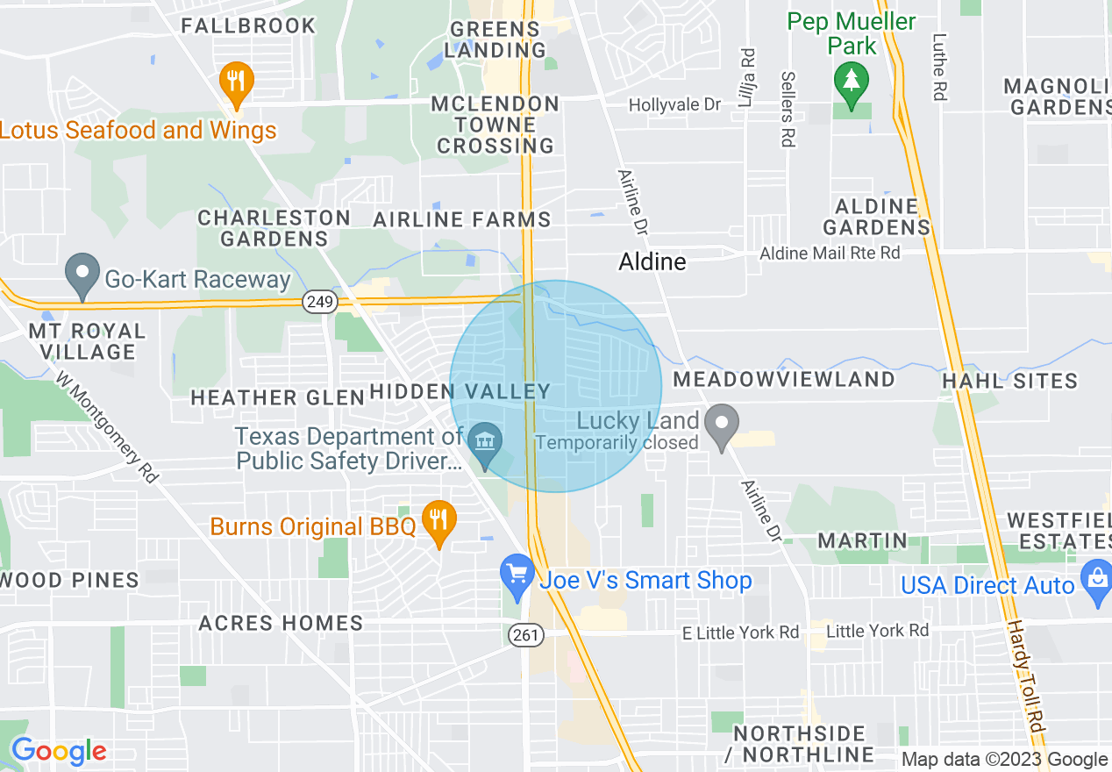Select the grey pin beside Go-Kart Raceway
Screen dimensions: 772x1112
point(83,274)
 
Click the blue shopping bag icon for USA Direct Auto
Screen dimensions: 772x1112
point(1096,581)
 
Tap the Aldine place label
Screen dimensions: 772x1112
point(652,261)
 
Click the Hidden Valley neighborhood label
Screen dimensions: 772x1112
point(460,392)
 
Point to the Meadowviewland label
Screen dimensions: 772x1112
point(783,379)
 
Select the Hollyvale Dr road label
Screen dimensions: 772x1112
point(674,105)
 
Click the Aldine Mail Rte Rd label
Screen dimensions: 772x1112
point(830,254)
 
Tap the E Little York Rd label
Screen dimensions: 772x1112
point(741,633)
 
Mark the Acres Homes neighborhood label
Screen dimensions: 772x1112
point(281,623)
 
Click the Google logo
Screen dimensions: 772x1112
point(59,751)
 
